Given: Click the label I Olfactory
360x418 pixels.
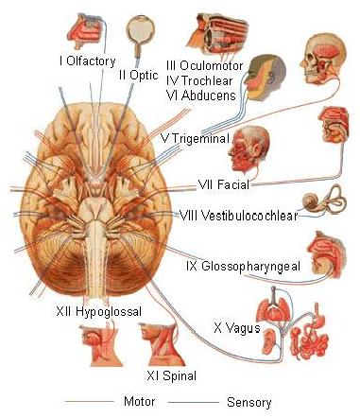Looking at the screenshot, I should coord(87,61).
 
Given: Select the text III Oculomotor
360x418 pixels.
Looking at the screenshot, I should coord(204,66).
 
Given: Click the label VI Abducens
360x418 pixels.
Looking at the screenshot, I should coord(200,96).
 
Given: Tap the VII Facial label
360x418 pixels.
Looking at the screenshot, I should coord(225,183).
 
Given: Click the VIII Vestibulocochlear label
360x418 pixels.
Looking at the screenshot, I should coord(238,216).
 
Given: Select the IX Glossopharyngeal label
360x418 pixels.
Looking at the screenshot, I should coord(244,267).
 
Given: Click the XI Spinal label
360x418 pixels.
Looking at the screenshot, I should coord(174,376).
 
